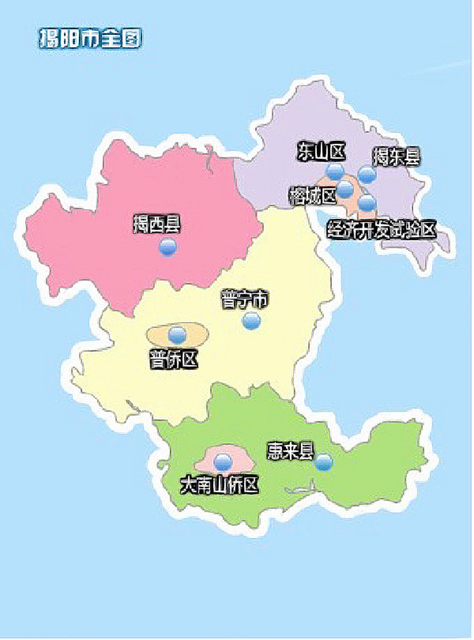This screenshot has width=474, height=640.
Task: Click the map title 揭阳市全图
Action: pos(90,38)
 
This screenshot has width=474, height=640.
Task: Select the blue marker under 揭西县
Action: pos(168,247)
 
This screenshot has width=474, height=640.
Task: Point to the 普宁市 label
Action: pos(244,300)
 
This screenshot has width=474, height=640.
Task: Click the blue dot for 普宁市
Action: pos(251,320)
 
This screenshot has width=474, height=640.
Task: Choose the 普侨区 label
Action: pos(173,359)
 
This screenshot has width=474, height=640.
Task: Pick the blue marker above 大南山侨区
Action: pos(223,462)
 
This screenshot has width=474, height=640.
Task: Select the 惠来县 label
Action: pos(290,451)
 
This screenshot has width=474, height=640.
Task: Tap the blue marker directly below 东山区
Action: pos(334,172)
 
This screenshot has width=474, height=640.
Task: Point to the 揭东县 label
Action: pos(396,156)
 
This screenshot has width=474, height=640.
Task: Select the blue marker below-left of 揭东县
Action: pos(367,174)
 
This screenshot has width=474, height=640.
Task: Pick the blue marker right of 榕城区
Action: pos(344,189)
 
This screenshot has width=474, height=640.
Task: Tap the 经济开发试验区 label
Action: pos(381,229)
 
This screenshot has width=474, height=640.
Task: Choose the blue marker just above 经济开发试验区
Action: pos(367,203)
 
